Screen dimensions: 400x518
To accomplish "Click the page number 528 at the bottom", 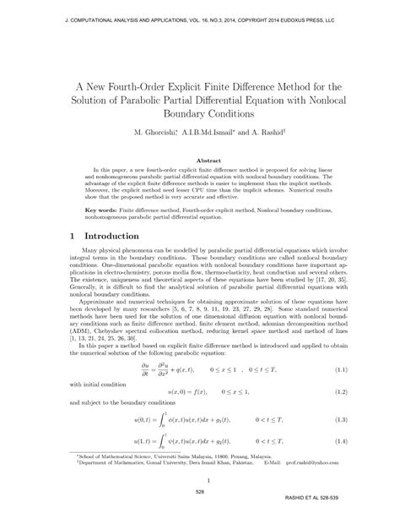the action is (x=200, y=492).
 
